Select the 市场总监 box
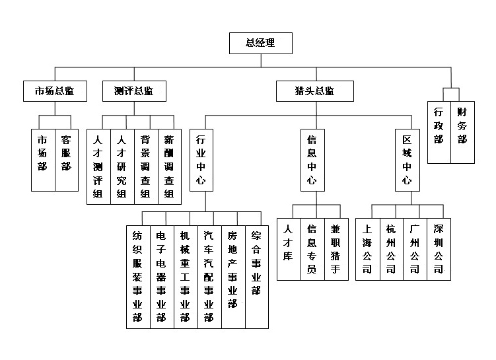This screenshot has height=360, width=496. click(55, 91)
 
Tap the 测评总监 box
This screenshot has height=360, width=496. click(135, 91)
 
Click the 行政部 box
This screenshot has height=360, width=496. click(439, 131)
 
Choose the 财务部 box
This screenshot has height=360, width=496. click(462, 131)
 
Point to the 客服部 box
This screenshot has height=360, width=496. click(66, 159)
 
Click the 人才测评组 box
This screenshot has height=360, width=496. click(98, 165)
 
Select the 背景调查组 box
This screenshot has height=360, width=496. click(145, 165)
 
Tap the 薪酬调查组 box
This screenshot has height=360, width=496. click(168, 165)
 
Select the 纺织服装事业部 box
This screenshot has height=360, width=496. click(138, 276)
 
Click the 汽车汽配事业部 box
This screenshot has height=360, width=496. click(209, 276)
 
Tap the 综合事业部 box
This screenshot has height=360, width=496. click(256, 276)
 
